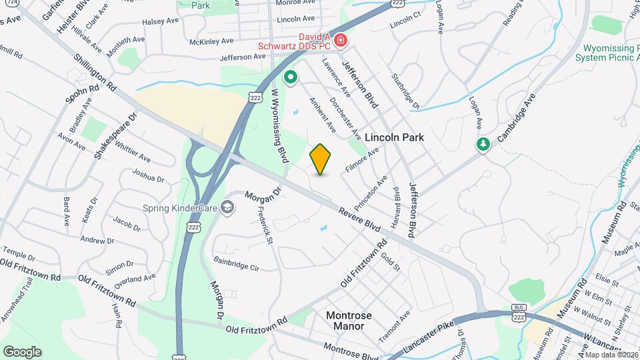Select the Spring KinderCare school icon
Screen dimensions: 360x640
click(228, 207)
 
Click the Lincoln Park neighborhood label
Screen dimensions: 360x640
click(394, 137)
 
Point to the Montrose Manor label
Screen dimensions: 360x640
click(349, 321)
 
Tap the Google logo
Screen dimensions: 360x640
click(22, 351)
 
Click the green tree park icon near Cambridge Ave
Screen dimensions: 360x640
click(483, 144)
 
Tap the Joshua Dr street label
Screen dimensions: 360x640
click(148, 175)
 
